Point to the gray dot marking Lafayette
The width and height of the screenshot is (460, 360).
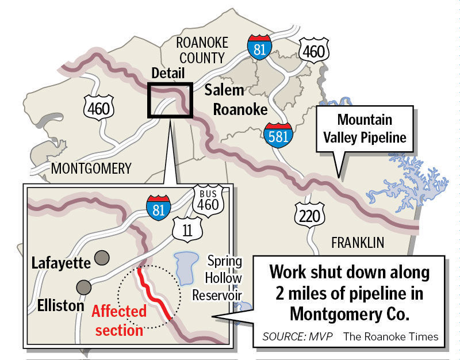tap(102, 256)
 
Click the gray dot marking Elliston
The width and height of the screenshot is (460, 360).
tap(84, 286)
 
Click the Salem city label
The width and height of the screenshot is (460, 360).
tap(225, 90)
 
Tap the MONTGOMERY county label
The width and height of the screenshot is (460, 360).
tap(91, 168)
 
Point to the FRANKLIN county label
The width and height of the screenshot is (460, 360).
tap(358, 243)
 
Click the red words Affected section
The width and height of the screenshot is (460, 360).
tap(119, 320)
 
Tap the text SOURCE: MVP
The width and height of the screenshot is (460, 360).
tap(298, 336)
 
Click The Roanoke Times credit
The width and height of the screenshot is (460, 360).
tap(391, 336)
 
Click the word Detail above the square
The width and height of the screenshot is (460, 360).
tap(168, 74)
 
